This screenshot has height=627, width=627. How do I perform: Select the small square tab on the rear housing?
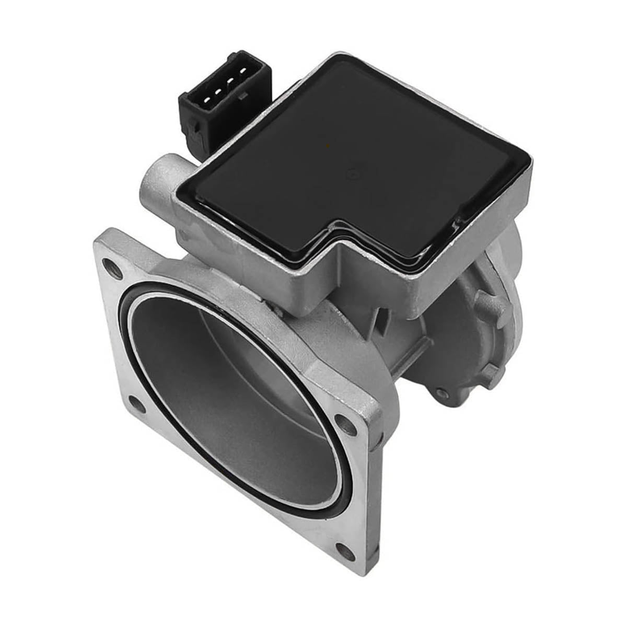tap(490, 372)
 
